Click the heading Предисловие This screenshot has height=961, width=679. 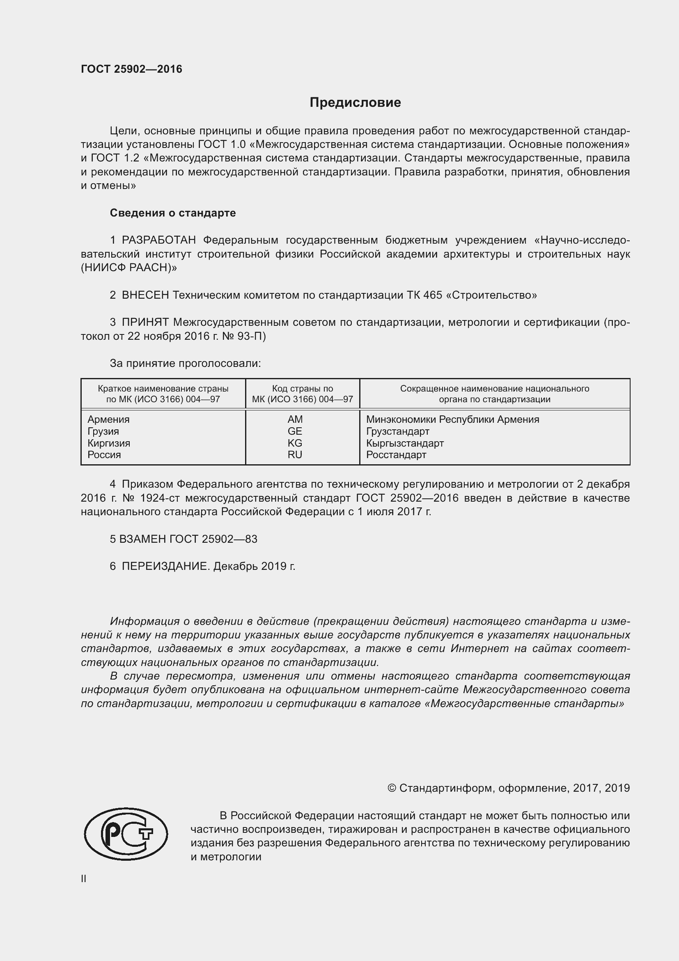click(355, 103)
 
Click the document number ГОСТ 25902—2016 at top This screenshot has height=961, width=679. click(132, 69)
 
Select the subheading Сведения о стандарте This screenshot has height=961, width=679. click(173, 213)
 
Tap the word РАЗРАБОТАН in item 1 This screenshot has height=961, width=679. click(159, 240)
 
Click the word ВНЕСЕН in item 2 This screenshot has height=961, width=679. click(145, 295)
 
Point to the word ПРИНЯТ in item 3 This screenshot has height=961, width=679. click(145, 322)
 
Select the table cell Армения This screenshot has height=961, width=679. click(109, 419)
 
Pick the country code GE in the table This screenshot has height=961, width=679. click(295, 431)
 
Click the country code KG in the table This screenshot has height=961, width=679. click(295, 443)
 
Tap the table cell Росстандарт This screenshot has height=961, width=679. click(396, 455)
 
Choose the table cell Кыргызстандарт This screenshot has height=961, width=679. click(405, 443)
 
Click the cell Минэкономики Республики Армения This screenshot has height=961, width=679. click(452, 419)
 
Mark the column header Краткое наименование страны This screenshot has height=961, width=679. click(163, 388)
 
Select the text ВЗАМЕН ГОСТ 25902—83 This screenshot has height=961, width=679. click(184, 539)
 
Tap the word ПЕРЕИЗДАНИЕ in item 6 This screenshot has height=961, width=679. click(165, 566)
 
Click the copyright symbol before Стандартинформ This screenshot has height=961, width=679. click(392, 788)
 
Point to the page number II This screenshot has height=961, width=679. click(84, 879)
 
